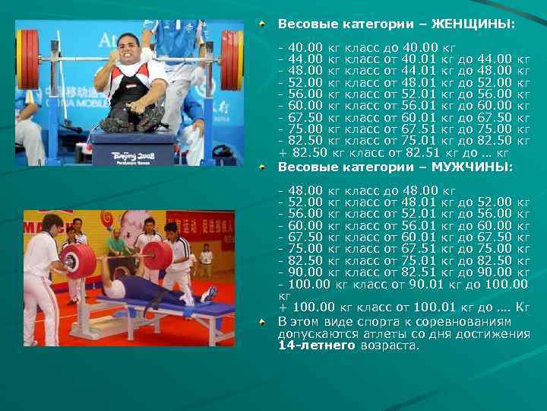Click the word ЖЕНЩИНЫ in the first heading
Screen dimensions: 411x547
pos(474,24)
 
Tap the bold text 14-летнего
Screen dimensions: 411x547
pos(316,345)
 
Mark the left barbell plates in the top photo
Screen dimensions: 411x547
pos(29,59)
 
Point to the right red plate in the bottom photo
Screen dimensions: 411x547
pos(157,255)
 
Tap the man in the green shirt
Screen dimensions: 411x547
pos(115,244)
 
